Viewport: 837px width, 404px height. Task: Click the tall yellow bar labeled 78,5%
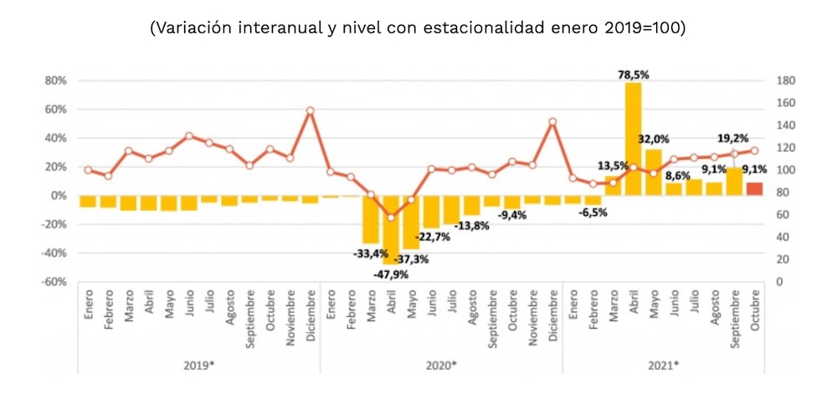[633, 139]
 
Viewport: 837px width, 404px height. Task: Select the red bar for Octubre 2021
[755, 189]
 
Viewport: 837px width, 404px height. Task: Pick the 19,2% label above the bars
[732, 139]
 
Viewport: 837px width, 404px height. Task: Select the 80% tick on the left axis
[55, 81]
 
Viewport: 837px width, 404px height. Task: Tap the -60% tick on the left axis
[54, 282]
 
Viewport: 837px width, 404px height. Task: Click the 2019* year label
[198, 365]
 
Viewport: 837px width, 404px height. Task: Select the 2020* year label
[440, 365]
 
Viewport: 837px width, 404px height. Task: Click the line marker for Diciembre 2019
[310, 110]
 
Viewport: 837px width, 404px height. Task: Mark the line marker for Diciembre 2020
[552, 121]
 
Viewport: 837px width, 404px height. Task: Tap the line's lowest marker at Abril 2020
[391, 217]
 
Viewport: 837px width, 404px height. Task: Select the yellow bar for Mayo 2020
[411, 222]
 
